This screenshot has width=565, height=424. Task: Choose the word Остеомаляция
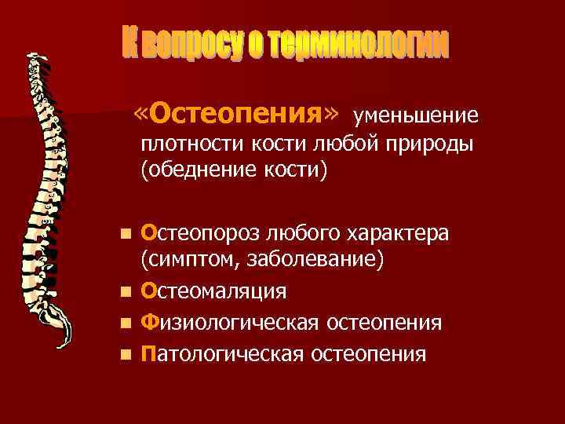click(x=213, y=292)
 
